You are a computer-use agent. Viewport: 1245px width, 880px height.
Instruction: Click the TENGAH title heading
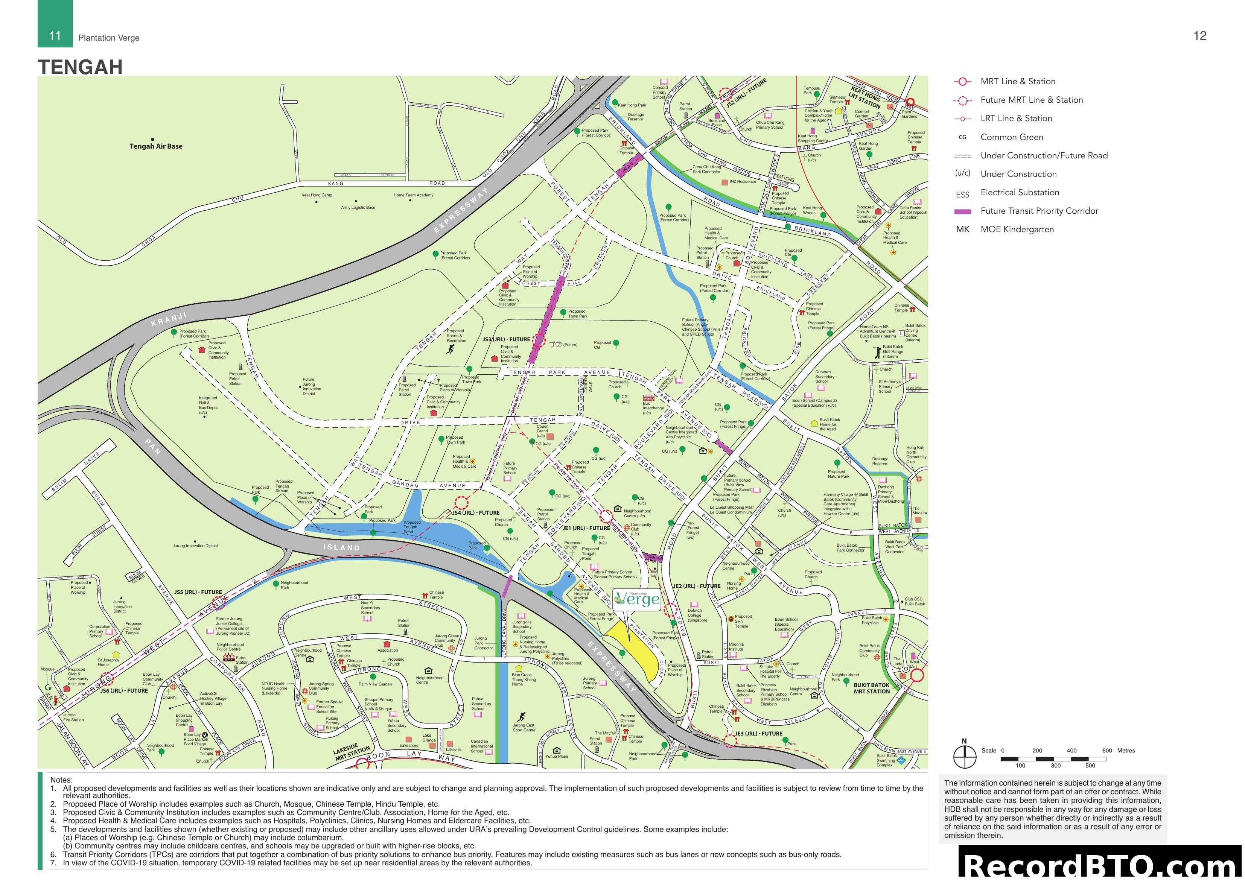tap(80, 67)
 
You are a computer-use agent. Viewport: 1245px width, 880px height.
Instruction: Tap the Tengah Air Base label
tap(156, 146)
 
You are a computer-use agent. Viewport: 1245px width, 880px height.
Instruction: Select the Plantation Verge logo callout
tap(636, 599)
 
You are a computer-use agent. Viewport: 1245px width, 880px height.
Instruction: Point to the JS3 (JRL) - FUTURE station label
tap(506, 339)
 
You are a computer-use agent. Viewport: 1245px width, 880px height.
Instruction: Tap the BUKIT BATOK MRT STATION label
tap(871, 688)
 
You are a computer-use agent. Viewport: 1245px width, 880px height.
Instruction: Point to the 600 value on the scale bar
tap(1107, 751)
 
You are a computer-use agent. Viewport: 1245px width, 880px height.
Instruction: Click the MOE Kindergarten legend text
tap(1017, 229)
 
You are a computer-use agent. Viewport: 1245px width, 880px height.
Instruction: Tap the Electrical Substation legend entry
tap(1020, 193)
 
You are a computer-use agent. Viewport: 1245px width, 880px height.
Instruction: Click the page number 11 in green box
tap(55, 36)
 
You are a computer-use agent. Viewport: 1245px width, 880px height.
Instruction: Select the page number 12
tap(1200, 36)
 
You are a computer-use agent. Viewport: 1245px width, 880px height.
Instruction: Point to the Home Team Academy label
tap(413, 195)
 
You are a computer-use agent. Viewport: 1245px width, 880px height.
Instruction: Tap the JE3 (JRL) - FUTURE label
tap(759, 734)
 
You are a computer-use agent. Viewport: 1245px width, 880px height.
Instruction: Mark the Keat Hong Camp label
tap(317, 195)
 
